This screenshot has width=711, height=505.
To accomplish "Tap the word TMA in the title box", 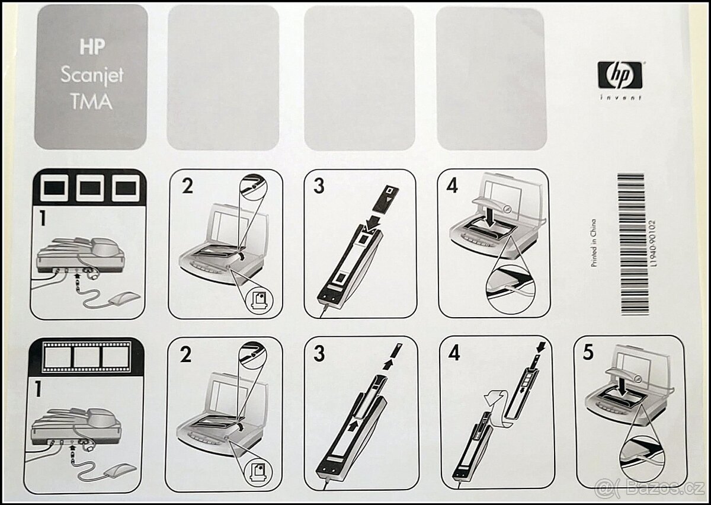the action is coord(92,101).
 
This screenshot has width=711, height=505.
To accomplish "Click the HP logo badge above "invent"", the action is coord(620,75).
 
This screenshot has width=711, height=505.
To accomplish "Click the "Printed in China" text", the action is coord(593,244).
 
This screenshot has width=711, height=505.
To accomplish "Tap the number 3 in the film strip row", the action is coord(319,353).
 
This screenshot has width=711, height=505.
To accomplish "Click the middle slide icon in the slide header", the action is coord(91,188).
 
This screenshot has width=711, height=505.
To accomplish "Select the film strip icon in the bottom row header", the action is coord(87,357).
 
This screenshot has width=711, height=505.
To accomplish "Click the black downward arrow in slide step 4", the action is coord(491,217).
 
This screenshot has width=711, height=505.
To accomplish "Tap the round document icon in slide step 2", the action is coord(260,301).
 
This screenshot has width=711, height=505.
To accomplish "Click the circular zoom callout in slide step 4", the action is coord(510,289).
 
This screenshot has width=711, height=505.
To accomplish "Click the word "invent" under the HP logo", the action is coord(620,98).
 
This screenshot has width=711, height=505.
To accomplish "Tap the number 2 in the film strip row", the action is coord(185,354).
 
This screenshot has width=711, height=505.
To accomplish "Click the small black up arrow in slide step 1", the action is coord(77,277).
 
